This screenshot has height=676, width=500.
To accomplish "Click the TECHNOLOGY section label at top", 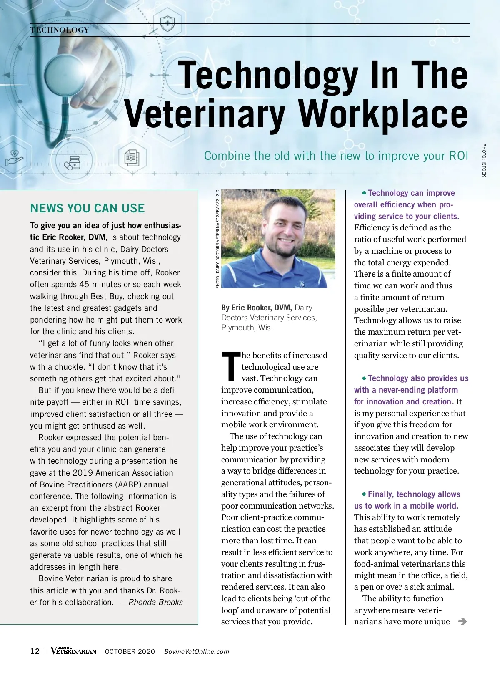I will (x=60, y=30).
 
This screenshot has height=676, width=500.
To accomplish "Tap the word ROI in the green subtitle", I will (x=458, y=156).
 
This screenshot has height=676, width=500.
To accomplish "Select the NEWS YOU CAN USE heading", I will (x=87, y=208).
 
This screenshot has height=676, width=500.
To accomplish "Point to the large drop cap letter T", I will (x=231, y=366).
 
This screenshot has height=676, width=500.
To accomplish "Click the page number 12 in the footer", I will (x=35, y=651).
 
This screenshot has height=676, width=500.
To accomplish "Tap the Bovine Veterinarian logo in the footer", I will (x=73, y=651).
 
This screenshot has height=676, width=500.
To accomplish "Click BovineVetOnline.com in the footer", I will (x=197, y=652).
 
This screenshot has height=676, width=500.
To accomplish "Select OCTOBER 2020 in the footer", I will (x=130, y=652).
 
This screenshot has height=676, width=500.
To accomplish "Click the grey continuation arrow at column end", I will (x=462, y=621).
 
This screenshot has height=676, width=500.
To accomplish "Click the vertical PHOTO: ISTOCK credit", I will (x=484, y=160).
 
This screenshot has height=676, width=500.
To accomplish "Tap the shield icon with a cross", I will (x=167, y=23).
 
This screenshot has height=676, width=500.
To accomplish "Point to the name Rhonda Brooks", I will (x=156, y=602).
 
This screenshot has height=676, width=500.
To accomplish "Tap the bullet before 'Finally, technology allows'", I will (x=364, y=494).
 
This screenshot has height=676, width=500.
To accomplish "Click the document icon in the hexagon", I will (x=132, y=158).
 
